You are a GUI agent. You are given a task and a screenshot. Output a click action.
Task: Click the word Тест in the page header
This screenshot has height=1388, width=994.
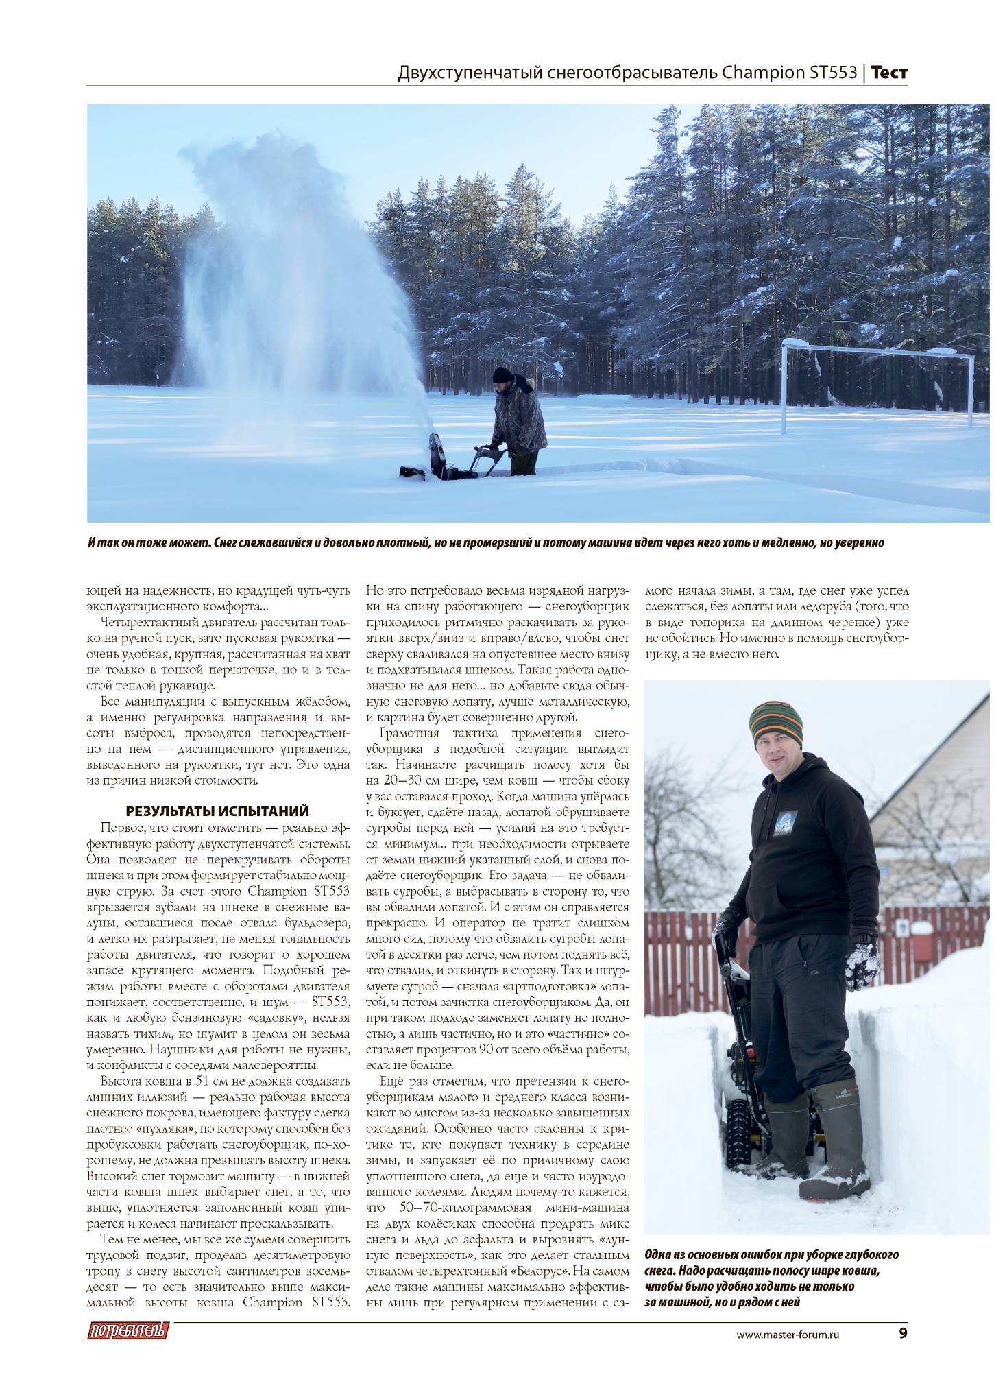[x=890, y=73]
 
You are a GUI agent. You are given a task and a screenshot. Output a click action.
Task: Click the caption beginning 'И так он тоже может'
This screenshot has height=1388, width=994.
[x=485, y=543]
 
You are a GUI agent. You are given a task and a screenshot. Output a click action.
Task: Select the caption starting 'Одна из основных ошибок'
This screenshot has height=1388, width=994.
[x=771, y=1278]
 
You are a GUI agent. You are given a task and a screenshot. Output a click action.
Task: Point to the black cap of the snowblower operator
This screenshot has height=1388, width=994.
[x=502, y=374]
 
